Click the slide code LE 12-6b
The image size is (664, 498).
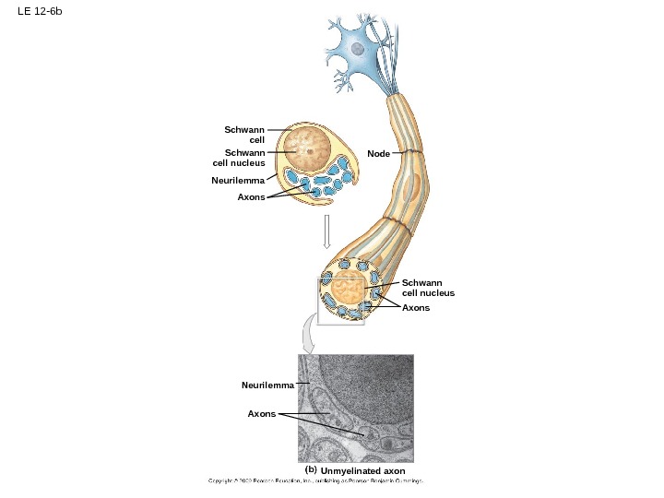click(39, 12)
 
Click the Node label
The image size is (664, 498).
click(378, 153)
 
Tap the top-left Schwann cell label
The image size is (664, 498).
click(245, 135)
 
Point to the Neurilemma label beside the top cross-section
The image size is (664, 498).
click(237, 181)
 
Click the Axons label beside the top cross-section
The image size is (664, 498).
click(251, 197)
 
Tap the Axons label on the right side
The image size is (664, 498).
click(416, 307)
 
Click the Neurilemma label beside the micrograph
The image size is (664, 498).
click(267, 385)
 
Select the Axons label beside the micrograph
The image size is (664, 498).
click(262, 414)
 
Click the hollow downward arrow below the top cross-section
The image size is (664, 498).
click(326, 232)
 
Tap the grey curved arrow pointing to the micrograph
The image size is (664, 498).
click(310, 336)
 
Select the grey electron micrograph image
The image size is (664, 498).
click(355, 408)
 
